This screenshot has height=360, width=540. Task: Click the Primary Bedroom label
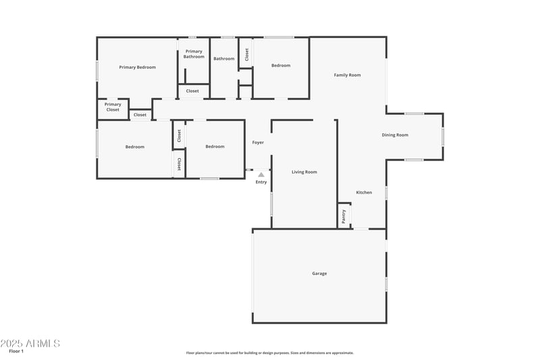pos(137,67)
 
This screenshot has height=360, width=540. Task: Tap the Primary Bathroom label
pos(194,54)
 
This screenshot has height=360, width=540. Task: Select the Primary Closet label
pos(113,107)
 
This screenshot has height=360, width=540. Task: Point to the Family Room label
pos(347,75)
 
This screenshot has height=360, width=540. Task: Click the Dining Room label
pos(395,135)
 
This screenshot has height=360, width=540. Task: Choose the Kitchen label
pos(364,192)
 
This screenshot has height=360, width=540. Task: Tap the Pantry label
pos(344,216)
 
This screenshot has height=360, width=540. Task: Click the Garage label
pos(319,274)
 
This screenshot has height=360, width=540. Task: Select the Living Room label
pos(304,172)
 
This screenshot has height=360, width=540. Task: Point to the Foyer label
pos(258,143)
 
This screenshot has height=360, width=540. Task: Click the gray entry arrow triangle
pos(261,175)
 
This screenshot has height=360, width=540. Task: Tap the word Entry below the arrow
pos(261,182)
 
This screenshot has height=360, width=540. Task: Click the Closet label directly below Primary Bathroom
pos(192,91)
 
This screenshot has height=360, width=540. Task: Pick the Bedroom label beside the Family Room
pos(281,66)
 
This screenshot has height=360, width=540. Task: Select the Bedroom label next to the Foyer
pos(215,147)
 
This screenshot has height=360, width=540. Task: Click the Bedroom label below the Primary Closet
pos(134,147)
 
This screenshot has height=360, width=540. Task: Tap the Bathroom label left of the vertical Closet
pos(224,59)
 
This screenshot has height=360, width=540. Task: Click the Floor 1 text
pos(16,351)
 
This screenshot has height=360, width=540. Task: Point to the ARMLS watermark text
pos(30,343)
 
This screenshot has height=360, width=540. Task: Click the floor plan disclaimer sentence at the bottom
pos(269,353)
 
